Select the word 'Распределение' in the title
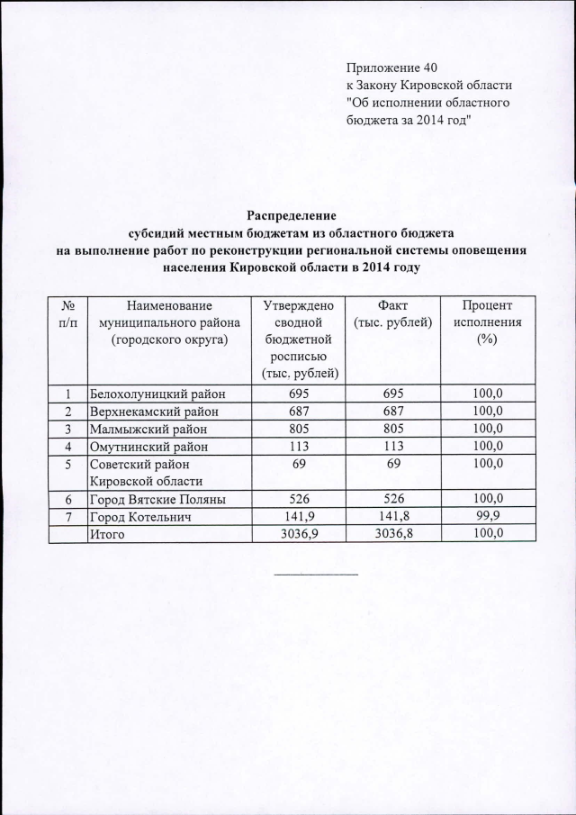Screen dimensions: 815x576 291,216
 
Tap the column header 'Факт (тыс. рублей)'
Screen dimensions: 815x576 393,315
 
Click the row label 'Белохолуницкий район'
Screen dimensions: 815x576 157,394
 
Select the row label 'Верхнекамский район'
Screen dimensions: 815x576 153,411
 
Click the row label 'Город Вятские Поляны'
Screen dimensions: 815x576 157,499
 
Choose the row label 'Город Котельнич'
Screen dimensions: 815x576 139,516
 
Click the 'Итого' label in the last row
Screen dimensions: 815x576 106,534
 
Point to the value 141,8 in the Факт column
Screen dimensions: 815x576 393,516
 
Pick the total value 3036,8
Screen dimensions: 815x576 393,534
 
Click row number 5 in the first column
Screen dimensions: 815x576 67,464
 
